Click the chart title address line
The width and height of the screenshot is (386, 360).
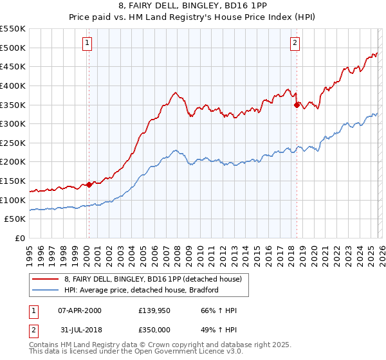(193, 6)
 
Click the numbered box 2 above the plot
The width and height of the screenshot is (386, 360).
(295, 43)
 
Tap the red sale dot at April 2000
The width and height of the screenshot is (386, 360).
(89, 184)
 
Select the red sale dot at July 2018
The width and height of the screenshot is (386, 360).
(297, 104)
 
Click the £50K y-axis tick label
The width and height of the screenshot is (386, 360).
(15, 219)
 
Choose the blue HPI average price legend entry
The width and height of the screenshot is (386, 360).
(141, 290)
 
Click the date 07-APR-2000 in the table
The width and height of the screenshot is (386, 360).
(80, 310)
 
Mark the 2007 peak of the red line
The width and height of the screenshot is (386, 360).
(175, 92)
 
